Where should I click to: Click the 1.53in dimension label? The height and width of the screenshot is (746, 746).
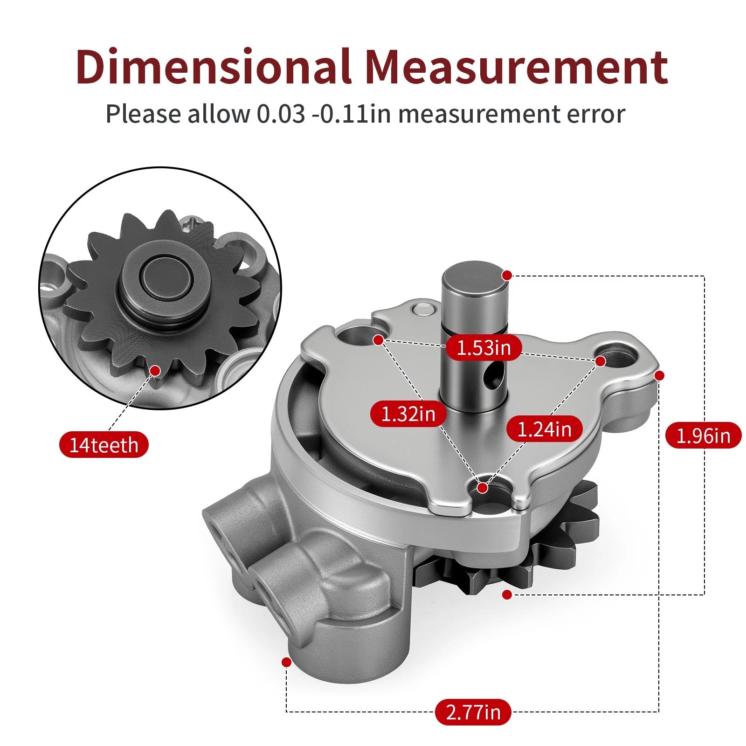(484, 348)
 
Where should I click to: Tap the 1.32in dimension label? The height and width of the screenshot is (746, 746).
(408, 414)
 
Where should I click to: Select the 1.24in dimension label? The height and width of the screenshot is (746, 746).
(545, 429)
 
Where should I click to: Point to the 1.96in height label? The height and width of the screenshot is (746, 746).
(703, 435)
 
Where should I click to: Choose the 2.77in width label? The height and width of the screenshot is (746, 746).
(473, 712)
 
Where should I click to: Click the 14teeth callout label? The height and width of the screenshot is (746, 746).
(104, 445)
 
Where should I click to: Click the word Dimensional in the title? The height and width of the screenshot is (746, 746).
(214, 66)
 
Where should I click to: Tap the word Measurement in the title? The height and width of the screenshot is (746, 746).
(517, 66)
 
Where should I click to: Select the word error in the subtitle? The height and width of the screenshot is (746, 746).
(596, 114)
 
